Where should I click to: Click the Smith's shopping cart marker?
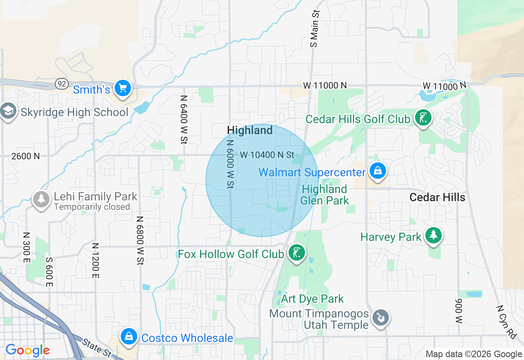pyautogui.click(x=122, y=88)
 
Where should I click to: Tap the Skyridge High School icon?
pyautogui.click(x=8, y=111)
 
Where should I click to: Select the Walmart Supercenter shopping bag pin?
pyautogui.click(x=377, y=171)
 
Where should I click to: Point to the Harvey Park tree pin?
pyautogui.click(x=433, y=236)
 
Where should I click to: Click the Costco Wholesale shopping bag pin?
pyautogui.click(x=129, y=337)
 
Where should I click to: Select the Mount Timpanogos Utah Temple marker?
pyautogui.click(x=380, y=317)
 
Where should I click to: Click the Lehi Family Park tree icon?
pyautogui.click(x=41, y=199)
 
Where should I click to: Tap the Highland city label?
pyautogui.click(x=250, y=130)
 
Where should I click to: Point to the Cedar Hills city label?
pyautogui.click(x=437, y=197)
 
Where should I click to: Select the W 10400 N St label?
pyautogui.click(x=267, y=155)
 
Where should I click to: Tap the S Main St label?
pyautogui.click(x=314, y=28)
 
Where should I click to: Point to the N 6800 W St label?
pyautogui.click(x=140, y=241)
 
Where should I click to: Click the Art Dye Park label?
pyautogui.click(x=312, y=299)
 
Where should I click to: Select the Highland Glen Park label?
pyautogui.click(x=324, y=195)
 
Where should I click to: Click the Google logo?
pyautogui.click(x=27, y=350)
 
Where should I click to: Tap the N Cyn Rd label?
pyautogui.click(x=506, y=322)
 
